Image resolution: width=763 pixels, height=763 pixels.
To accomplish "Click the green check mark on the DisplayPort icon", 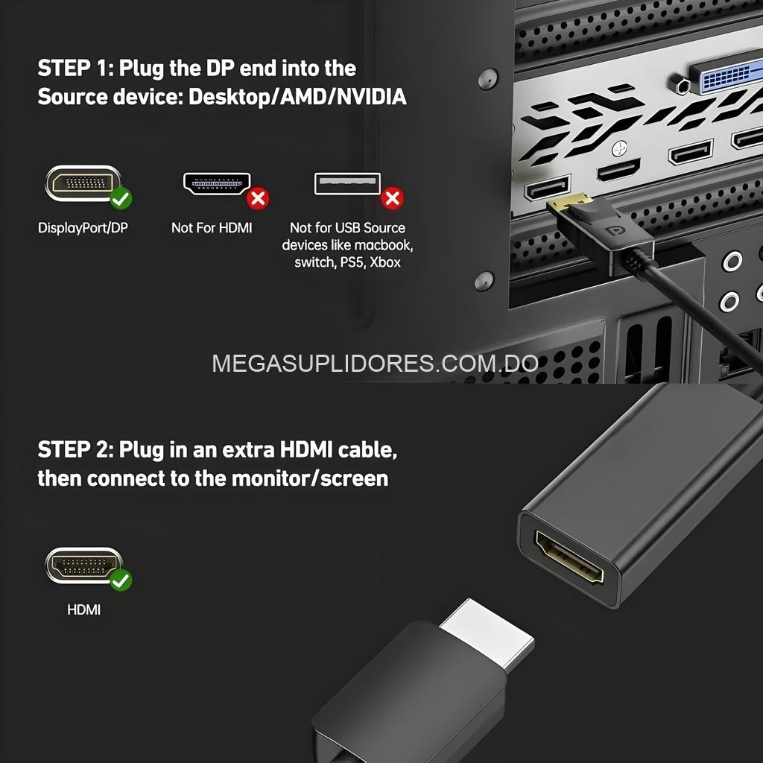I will point(121,199).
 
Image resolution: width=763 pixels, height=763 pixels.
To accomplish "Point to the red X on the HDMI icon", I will point(258,198).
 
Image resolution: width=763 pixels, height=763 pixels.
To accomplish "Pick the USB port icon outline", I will point(347,183).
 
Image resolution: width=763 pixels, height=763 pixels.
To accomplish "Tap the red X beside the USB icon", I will point(392,198).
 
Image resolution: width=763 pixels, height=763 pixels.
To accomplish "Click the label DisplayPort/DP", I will point(83,228).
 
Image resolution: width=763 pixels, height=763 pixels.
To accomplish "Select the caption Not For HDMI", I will point(212,228).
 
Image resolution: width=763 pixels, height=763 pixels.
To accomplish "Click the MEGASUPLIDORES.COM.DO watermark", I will point(375,364).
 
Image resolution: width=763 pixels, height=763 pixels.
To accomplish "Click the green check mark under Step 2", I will point(121,580).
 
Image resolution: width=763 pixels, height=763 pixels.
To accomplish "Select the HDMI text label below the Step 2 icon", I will point(83,610).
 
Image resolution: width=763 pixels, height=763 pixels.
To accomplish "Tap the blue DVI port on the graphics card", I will point(727,78).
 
